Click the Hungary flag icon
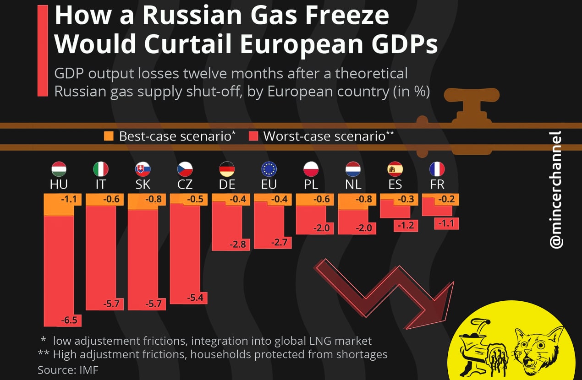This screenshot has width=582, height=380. [59, 169]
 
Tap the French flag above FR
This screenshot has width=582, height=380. [437, 169]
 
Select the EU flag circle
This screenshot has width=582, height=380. [269, 169]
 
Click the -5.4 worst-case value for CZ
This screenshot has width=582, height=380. [196, 298]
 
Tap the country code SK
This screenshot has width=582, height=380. [143, 184]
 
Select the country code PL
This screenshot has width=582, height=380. [311, 184]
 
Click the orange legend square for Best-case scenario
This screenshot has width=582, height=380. [109, 136]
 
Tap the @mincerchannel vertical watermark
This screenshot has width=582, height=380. [555, 190]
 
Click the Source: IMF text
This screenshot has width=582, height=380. [68, 369]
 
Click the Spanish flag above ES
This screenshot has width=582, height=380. [395, 169]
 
